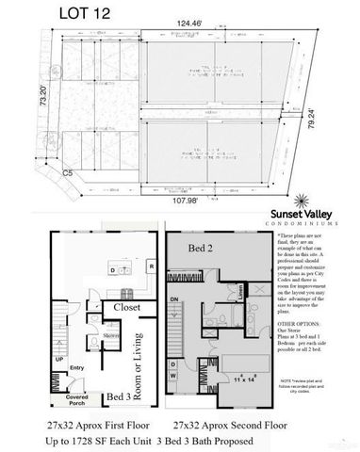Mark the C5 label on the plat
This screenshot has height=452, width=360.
(41, 174)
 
